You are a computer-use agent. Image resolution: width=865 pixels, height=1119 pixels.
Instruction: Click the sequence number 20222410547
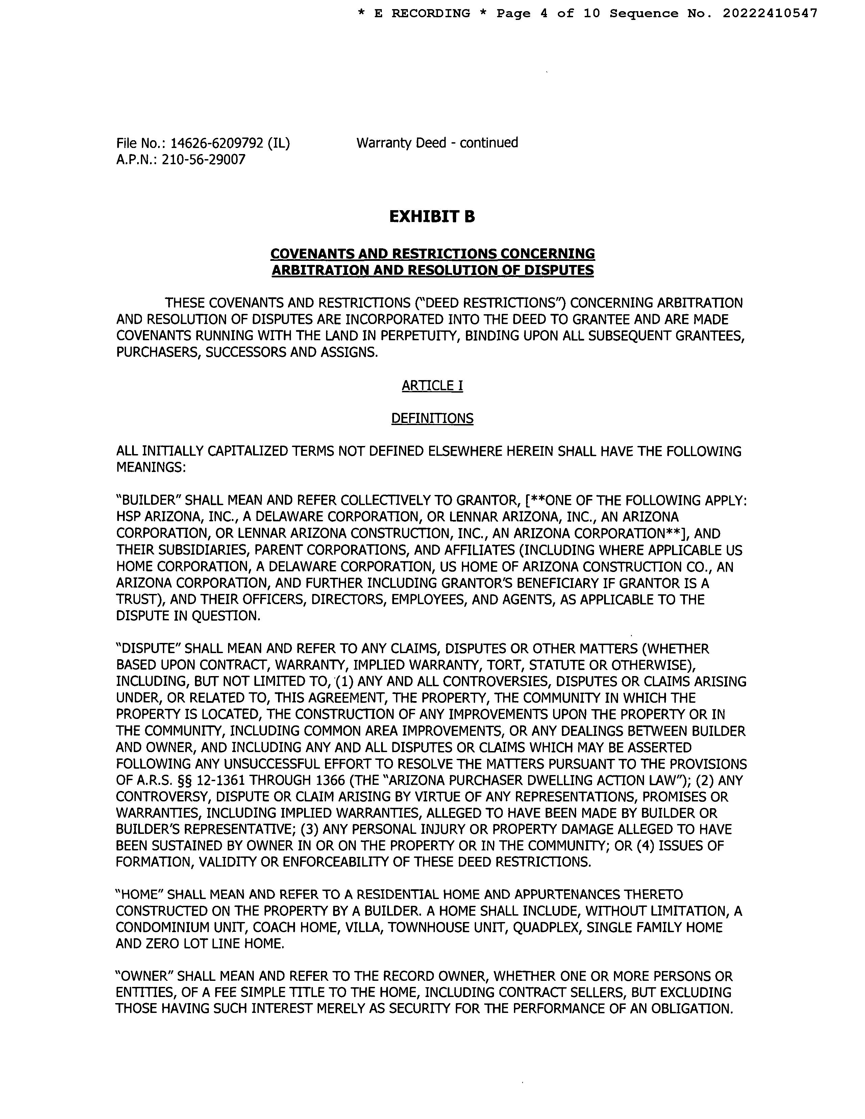pyautogui.click(x=770, y=14)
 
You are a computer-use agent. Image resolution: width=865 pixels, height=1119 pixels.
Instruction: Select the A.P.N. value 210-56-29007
pyautogui.click(x=203, y=160)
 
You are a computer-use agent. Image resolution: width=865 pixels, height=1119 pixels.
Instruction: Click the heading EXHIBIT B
pyautogui.click(x=432, y=217)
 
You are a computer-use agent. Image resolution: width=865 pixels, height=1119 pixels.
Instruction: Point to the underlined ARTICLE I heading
pyautogui.click(x=432, y=385)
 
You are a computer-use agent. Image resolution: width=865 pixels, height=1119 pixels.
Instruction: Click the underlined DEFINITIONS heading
pyautogui.click(x=432, y=419)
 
